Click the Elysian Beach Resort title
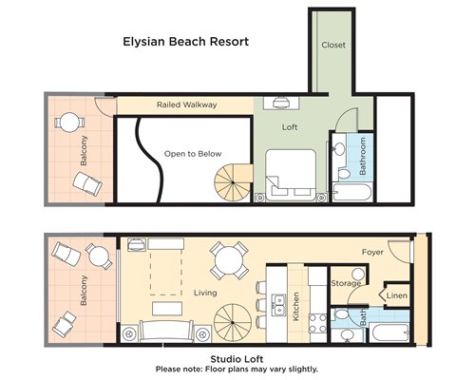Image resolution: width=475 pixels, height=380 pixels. pos(186,42)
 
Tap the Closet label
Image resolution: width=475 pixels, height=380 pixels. pos(333,45)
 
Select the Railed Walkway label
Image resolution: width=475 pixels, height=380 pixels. pos(187,104)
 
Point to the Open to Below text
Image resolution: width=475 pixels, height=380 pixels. pos(193,154)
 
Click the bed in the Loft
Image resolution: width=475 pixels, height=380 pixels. pos(291,175)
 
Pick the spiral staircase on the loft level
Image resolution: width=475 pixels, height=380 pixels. pos(233,182)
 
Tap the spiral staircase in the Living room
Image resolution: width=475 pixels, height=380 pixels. pos(233,323)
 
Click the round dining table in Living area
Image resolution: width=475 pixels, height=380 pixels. pos(229,260)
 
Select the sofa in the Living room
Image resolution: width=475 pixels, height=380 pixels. pos(166,331)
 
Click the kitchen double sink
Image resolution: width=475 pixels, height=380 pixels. pos(278,305)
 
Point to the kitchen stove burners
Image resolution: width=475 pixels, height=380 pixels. pos(317,323)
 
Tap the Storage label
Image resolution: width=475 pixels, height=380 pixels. pos(346,283)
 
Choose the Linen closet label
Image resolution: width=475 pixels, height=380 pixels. pos(397,295)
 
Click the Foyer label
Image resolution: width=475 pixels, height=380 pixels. pos(372,252)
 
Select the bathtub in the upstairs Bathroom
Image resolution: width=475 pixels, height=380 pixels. pos(352,192)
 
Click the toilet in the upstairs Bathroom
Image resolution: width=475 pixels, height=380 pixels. pos(343,172)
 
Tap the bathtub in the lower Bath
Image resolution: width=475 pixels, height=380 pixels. pos(389,332)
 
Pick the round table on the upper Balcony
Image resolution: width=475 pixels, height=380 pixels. pos(70,123)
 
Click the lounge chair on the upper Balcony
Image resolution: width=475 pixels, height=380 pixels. pos(87,184)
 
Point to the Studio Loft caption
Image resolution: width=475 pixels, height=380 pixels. pos(237,359)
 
